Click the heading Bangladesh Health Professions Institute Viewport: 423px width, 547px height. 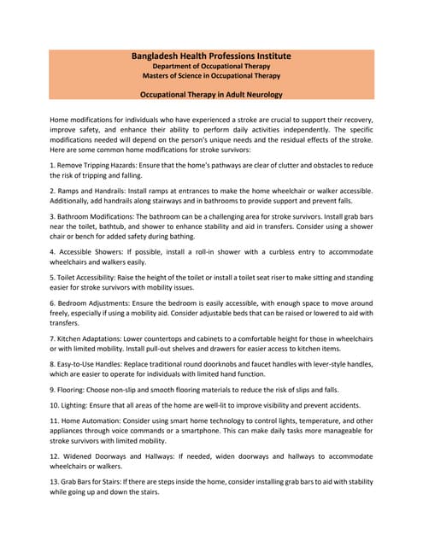point(211,56)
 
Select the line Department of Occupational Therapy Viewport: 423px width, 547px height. point(211,66)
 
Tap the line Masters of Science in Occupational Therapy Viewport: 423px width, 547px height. point(211,76)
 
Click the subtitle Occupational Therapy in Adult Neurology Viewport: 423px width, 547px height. point(211,94)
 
